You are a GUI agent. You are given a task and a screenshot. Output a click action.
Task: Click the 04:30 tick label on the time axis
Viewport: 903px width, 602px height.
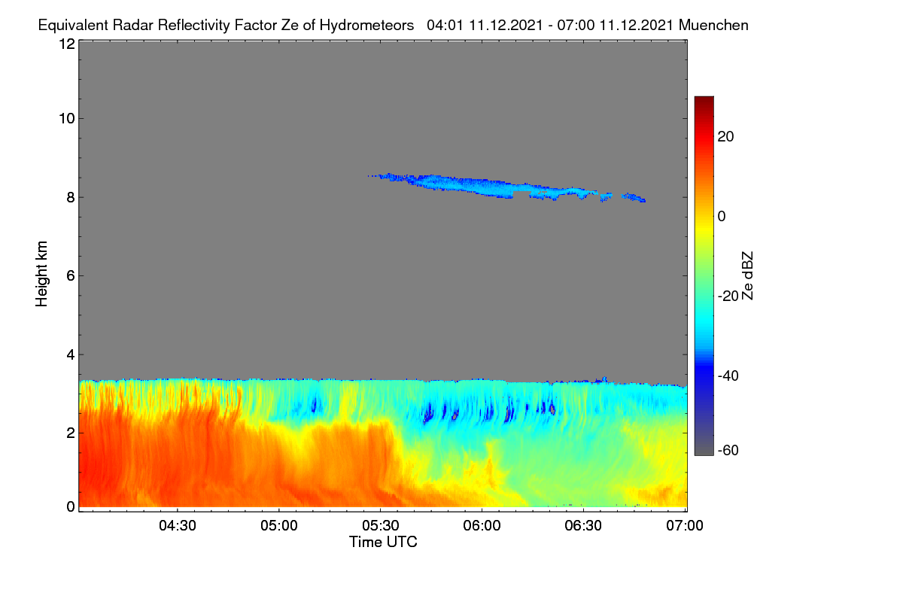(178, 525)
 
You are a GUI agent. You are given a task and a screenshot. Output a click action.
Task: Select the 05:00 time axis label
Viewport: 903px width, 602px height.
(279, 525)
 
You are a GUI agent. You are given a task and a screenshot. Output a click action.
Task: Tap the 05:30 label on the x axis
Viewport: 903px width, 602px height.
(381, 525)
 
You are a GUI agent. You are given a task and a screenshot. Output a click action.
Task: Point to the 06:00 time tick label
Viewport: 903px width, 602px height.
(482, 525)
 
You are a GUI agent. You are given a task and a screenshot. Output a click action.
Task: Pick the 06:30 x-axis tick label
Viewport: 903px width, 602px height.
(583, 525)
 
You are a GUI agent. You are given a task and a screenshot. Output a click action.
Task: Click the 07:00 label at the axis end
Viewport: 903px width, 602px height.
(685, 525)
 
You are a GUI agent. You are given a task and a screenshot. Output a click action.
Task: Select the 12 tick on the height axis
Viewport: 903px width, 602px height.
(67, 44)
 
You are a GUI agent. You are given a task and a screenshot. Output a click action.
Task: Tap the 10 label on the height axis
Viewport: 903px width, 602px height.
(67, 119)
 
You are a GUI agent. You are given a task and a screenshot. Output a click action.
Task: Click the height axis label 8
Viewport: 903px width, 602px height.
(71, 197)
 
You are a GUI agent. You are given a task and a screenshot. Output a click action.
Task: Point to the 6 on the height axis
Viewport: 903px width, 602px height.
(71, 276)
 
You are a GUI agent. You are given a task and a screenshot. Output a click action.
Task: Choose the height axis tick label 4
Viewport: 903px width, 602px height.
(71, 355)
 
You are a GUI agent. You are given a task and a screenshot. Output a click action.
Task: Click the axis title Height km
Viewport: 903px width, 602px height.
(41, 274)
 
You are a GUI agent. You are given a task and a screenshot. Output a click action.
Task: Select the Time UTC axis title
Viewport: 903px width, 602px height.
(383, 542)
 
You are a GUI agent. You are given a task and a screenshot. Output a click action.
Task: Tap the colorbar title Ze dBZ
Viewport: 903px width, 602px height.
(747, 276)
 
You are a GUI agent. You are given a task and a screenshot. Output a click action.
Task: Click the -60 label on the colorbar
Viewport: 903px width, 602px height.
(728, 451)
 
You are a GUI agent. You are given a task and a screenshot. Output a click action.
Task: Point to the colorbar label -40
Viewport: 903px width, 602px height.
(728, 375)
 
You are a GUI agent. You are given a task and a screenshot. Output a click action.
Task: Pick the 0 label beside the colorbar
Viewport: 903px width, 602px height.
(722, 217)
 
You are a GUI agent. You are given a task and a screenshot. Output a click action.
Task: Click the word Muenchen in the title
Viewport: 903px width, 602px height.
(713, 25)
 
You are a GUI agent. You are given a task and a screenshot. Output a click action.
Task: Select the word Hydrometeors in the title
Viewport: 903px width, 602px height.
(367, 26)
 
